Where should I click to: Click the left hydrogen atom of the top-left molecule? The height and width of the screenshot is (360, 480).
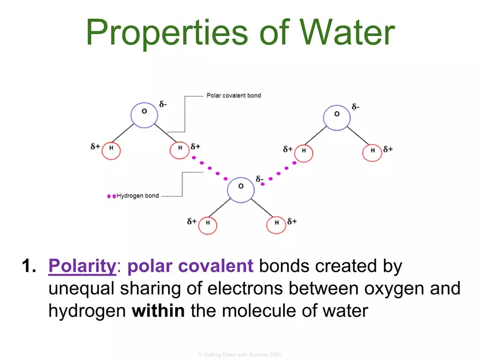click(x=111, y=149)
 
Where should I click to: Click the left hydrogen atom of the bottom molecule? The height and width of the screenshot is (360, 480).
click(x=207, y=224)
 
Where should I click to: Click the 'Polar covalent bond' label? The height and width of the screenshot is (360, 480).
click(x=233, y=95)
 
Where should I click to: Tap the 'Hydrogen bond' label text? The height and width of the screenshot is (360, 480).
click(x=137, y=196)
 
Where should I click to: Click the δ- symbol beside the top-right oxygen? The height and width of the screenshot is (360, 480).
click(x=356, y=107)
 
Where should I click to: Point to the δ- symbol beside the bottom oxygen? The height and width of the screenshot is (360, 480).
click(x=260, y=179)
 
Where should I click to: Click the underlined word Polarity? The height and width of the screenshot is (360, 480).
click(x=82, y=267)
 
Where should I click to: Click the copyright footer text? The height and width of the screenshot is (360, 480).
click(x=240, y=355)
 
